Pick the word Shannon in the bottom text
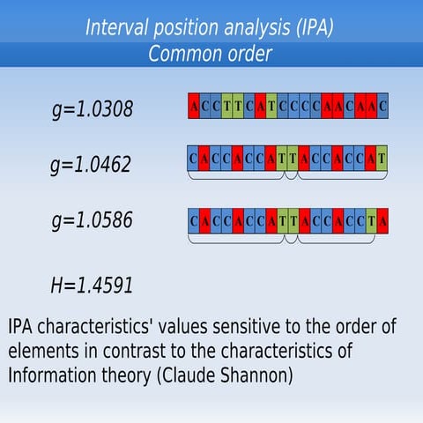[257, 375]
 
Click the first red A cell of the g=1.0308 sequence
[194, 107]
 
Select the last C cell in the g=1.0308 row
[383, 107]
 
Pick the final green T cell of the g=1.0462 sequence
[381, 160]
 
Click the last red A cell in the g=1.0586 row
[383, 216]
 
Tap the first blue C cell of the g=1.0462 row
[193, 160]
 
